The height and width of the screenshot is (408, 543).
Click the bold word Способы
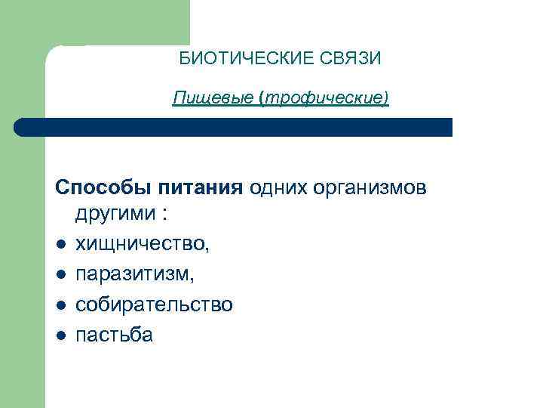[x=102, y=186]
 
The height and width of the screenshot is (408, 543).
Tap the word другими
[x=113, y=215]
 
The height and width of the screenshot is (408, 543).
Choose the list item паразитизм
[x=134, y=274]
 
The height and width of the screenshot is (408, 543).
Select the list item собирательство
[x=154, y=304]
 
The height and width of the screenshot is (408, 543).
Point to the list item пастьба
[x=114, y=334]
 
